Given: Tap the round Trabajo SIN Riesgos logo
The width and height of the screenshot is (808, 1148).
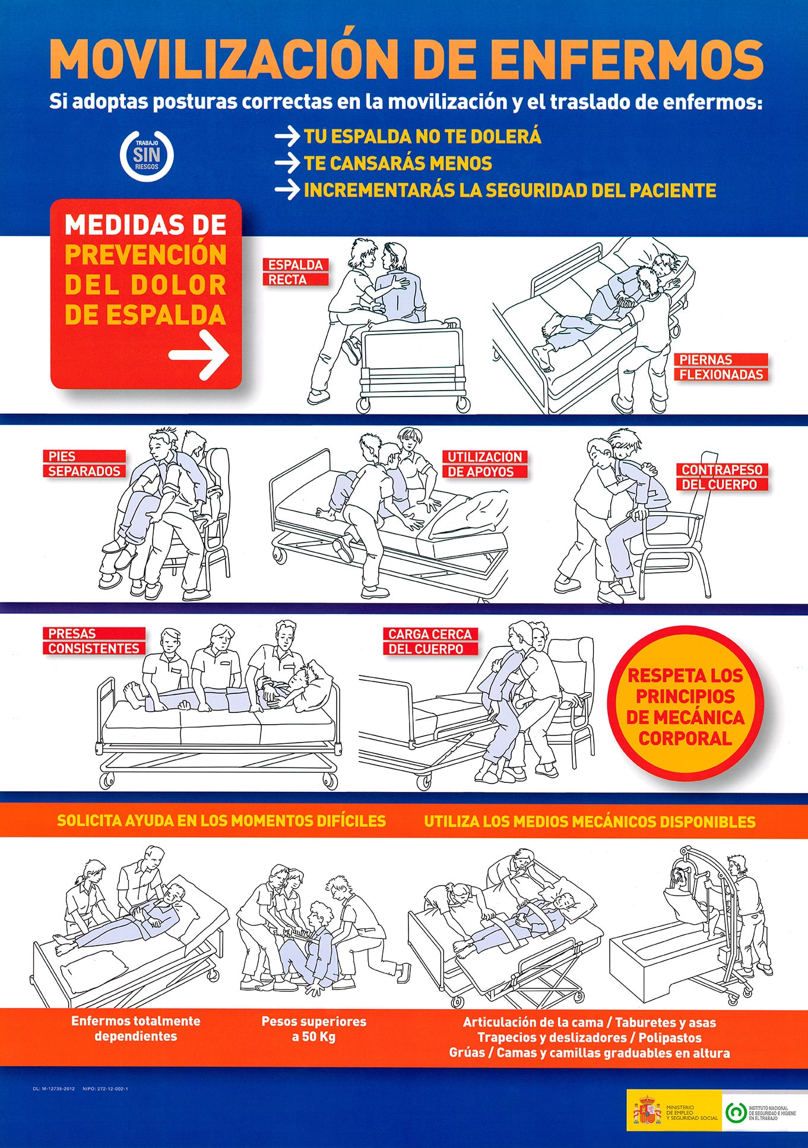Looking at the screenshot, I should (147, 156).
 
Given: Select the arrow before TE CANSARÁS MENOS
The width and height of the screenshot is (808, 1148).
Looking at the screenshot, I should (287, 163).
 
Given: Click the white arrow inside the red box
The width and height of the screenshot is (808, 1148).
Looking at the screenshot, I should (199, 355).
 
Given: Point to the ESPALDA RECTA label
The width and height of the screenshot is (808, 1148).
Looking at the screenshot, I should (295, 272).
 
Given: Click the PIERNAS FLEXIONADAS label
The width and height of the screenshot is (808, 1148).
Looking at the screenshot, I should (721, 367).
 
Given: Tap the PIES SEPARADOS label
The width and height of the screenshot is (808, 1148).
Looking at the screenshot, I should (84, 464).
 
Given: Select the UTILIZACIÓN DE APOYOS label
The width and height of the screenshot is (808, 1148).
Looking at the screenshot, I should (484, 464).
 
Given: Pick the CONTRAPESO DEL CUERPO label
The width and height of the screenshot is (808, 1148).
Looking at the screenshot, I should (721, 477).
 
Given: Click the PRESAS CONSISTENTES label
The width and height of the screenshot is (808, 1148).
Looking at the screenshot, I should (94, 641).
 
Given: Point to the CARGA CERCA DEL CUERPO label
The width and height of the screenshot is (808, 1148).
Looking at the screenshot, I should (430, 642).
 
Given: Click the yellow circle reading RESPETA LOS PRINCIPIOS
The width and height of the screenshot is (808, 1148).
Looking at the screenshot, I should (685, 706).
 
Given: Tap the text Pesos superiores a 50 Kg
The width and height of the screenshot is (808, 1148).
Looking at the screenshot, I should (313, 1029).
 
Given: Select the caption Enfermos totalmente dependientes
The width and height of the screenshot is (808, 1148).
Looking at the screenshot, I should (135, 1028).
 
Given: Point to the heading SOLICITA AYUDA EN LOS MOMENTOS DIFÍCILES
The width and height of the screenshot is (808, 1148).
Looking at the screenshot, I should (221, 821).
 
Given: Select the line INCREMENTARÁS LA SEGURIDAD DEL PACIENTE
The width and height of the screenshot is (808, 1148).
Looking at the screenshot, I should (509, 191).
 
